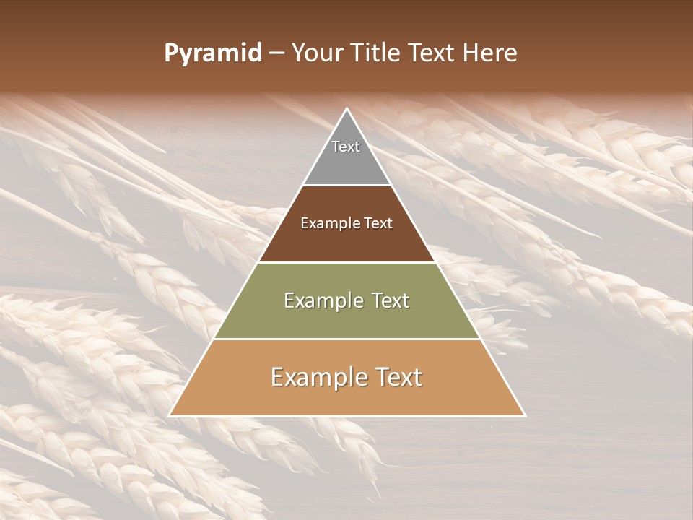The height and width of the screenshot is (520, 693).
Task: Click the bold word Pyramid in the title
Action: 212,53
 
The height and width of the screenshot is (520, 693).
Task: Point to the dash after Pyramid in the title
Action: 276,53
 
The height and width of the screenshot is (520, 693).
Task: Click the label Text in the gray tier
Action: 346,147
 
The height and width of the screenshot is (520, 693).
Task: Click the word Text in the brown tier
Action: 378,224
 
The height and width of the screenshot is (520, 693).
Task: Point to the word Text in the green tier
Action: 390,300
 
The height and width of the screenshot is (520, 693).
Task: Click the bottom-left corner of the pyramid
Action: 169,416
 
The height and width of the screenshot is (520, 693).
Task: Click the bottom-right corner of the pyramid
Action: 525,416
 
